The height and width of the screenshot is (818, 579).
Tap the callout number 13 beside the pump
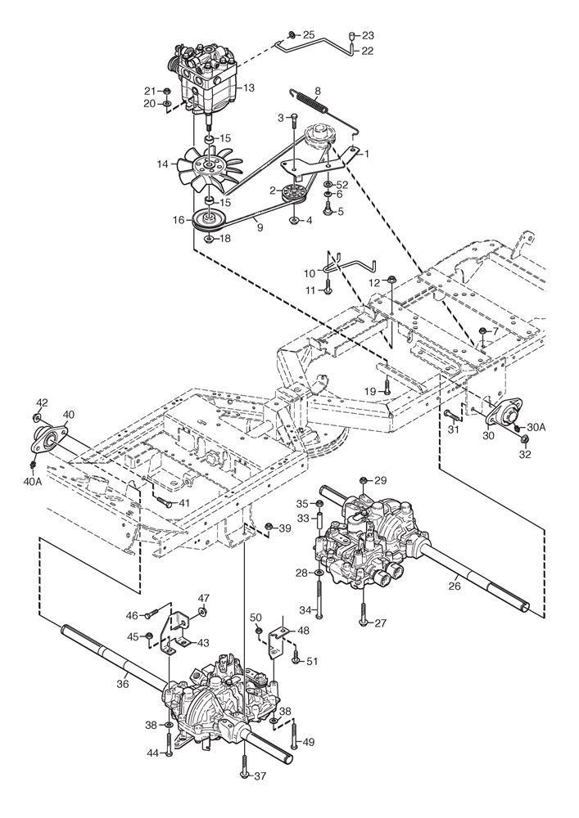(249, 88)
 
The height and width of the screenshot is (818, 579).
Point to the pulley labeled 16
(210, 218)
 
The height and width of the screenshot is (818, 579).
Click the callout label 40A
(32, 483)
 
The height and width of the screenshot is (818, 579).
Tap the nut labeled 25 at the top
(292, 35)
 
